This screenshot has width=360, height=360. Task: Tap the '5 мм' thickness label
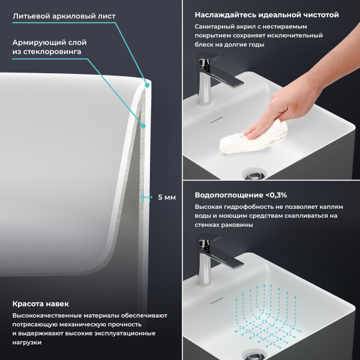tap(166, 197)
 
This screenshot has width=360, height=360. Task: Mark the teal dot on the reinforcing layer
tap(144, 125)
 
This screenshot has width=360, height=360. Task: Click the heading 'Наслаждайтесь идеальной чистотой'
tap(266, 14)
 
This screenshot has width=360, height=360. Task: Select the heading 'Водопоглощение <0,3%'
tap(241, 195)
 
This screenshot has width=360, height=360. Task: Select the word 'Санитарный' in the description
tap(214, 27)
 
